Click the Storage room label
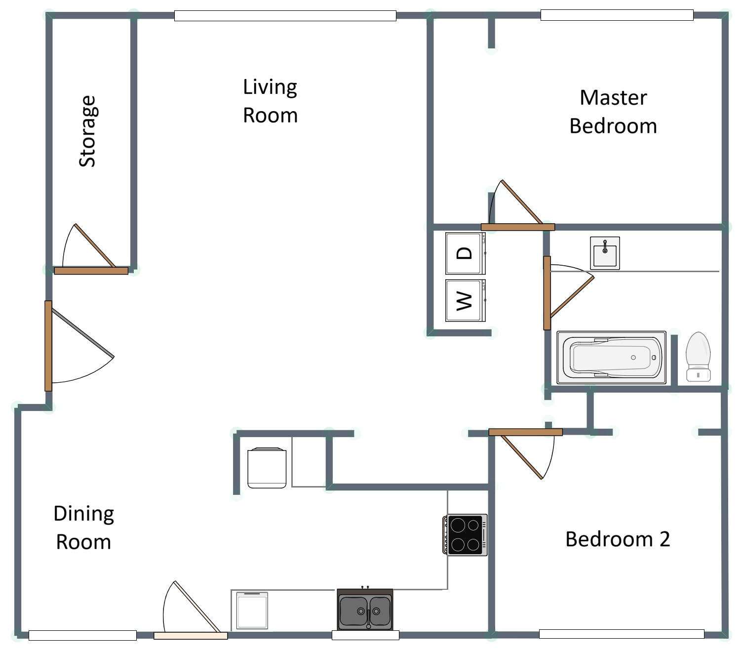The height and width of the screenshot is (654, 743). coord(87,131)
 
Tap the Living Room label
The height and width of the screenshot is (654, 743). coord(270,101)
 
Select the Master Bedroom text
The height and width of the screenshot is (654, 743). coord(613,112)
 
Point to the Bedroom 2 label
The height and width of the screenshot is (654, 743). coord(617,539)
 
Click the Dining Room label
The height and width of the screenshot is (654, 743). coord(83,528)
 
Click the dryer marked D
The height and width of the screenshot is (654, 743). coord(465,253)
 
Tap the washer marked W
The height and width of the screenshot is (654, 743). coord(465,300)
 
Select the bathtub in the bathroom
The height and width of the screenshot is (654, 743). coord(611,357)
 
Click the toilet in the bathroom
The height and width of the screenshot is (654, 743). coord(698,357)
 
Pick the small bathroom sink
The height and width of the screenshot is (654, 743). coord(605,253)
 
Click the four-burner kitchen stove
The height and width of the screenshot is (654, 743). coord(465,534)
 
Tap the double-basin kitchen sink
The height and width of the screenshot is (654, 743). coord(365,611)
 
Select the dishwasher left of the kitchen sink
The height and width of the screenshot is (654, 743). coord(252,611)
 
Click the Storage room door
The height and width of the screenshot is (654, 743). coord(91,270)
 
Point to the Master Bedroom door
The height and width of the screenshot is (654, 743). coord(517,227)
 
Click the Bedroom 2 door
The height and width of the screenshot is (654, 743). coord(525,432)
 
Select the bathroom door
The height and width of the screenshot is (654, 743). coord(547,293)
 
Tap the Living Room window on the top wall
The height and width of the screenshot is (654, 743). coord(285,16)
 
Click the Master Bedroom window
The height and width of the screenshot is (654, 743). coord(617,15)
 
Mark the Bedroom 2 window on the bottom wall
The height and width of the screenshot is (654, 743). coord(621,634)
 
